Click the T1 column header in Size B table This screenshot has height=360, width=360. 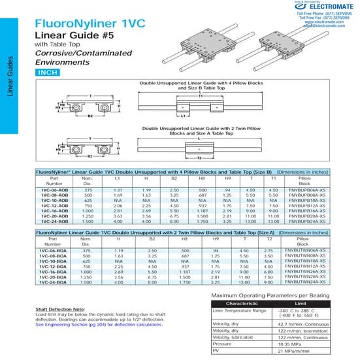click(274, 178)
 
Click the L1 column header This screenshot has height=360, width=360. click(117, 178)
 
